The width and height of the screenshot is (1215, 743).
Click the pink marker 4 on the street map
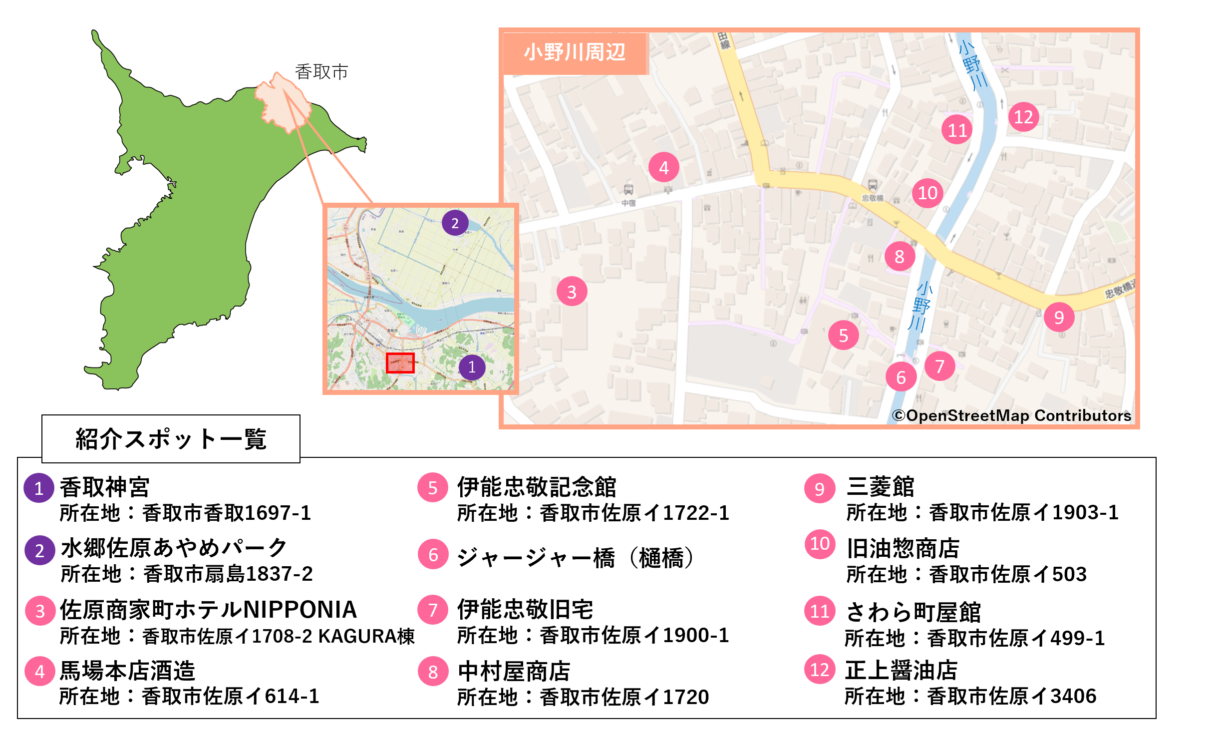coord(663,167)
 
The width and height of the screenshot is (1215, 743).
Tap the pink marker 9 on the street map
coord(1059,317)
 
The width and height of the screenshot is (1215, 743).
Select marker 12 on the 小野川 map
coord(1023,117)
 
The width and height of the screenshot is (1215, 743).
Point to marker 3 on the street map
coord(572,292)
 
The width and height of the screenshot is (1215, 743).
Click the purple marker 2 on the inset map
coord(455,223)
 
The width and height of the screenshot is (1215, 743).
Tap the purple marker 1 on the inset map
coord(472,368)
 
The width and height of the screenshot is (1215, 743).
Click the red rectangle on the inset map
coord(400,363)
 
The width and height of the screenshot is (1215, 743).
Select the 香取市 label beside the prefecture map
coord(321,72)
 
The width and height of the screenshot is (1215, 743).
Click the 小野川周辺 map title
coord(575,52)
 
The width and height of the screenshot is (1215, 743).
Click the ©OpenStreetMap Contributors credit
coord(1011,415)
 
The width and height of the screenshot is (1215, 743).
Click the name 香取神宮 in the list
coord(104,487)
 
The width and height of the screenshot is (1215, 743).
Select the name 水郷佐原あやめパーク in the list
coord(174,548)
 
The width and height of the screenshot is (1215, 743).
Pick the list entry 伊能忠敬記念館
coord(537,487)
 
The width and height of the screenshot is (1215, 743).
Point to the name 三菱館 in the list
coord(880,487)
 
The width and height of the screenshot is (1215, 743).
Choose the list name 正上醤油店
coord(901,670)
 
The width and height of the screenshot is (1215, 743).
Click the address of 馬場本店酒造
coord(189,697)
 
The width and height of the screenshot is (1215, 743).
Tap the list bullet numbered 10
coord(820,544)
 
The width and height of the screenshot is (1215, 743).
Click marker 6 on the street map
coord(901,377)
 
